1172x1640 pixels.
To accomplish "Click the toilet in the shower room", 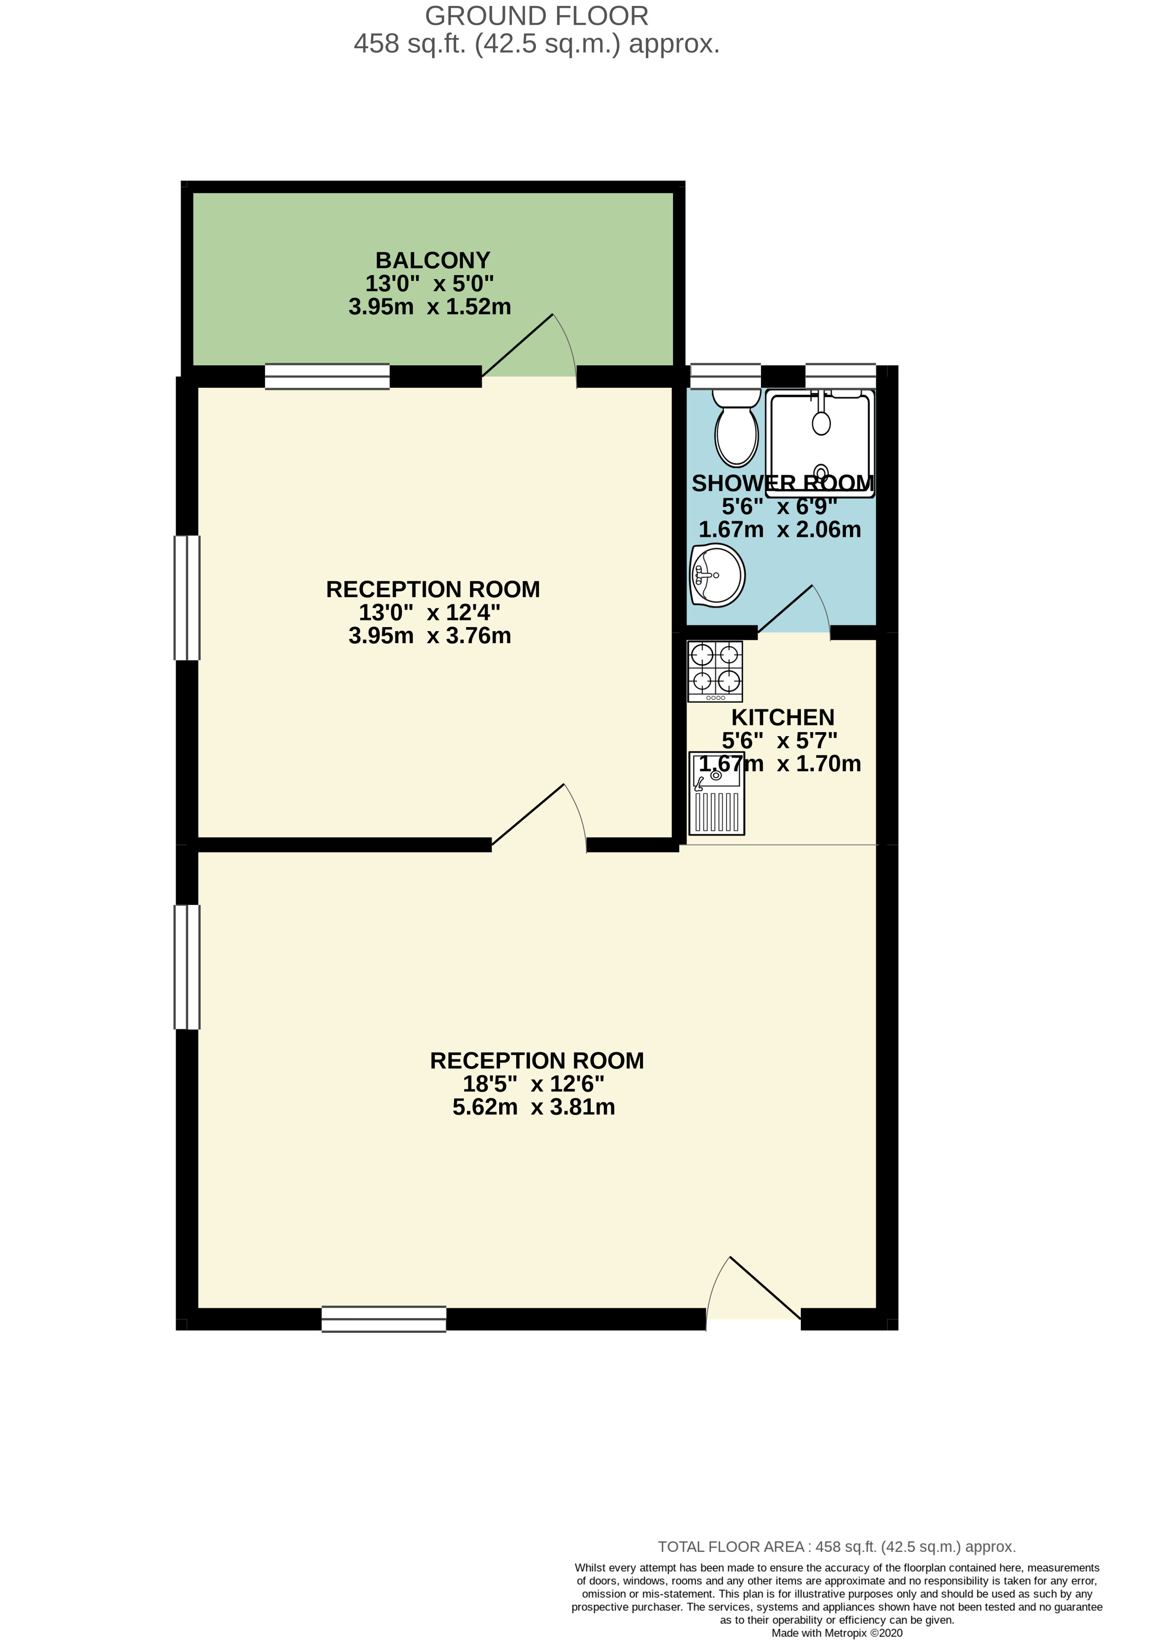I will [x=736, y=430].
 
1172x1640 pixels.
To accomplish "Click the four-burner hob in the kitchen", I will [x=715, y=671].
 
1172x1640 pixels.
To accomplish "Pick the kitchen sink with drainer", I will [x=716, y=793].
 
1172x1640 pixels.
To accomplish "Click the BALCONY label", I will [x=432, y=259].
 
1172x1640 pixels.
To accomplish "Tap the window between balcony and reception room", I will [x=327, y=376].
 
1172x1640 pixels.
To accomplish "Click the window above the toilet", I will [x=725, y=376].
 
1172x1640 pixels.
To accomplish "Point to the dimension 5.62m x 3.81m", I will [x=533, y=1107].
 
